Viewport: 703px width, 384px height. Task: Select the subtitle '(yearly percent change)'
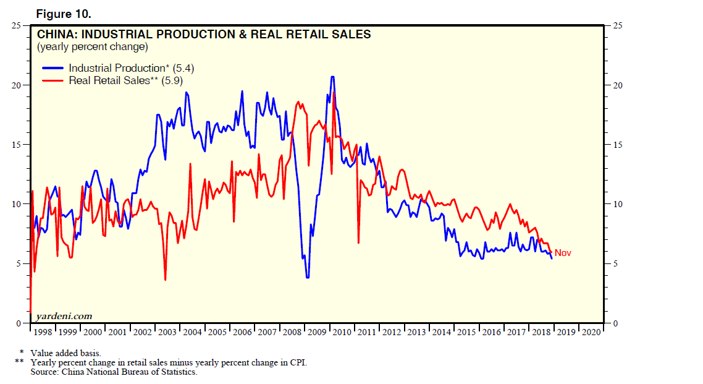click(x=92, y=47)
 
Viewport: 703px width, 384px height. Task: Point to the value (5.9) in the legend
click(x=172, y=80)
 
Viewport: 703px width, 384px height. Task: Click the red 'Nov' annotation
click(x=563, y=253)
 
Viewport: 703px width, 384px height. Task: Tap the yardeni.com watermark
click(x=64, y=316)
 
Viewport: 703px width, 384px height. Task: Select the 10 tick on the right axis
click(x=615, y=204)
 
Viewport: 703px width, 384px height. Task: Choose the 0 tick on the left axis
click(x=19, y=323)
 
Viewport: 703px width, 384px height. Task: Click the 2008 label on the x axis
click(x=292, y=332)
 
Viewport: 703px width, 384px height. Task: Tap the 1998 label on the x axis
click(x=43, y=332)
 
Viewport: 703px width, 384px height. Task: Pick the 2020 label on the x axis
click(x=590, y=332)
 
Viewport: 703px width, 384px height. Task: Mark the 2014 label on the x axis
click(x=441, y=332)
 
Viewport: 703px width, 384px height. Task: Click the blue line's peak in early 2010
click(x=332, y=77)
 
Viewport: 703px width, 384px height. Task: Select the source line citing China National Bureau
click(x=114, y=372)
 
